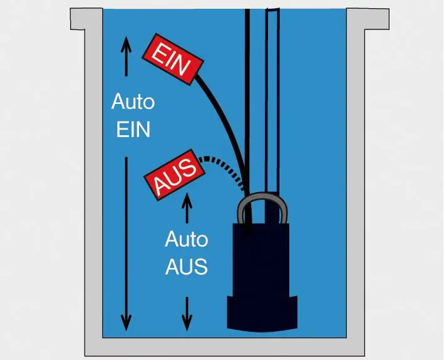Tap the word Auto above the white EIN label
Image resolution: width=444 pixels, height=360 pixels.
133,101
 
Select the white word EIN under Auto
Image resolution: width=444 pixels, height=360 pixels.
133,130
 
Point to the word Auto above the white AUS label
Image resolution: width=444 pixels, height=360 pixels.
187,239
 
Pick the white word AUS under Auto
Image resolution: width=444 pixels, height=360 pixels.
187,267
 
